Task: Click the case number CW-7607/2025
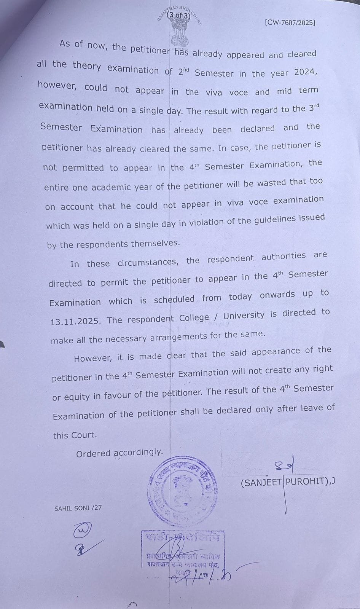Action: coord(290,22)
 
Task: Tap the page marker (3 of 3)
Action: coord(179,16)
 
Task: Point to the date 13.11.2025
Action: coord(75,321)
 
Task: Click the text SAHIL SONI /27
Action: coord(78,508)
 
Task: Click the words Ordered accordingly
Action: coord(119,453)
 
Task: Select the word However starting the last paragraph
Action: coord(93,358)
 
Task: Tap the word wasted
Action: coord(272,183)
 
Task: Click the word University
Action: coord(244,316)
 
